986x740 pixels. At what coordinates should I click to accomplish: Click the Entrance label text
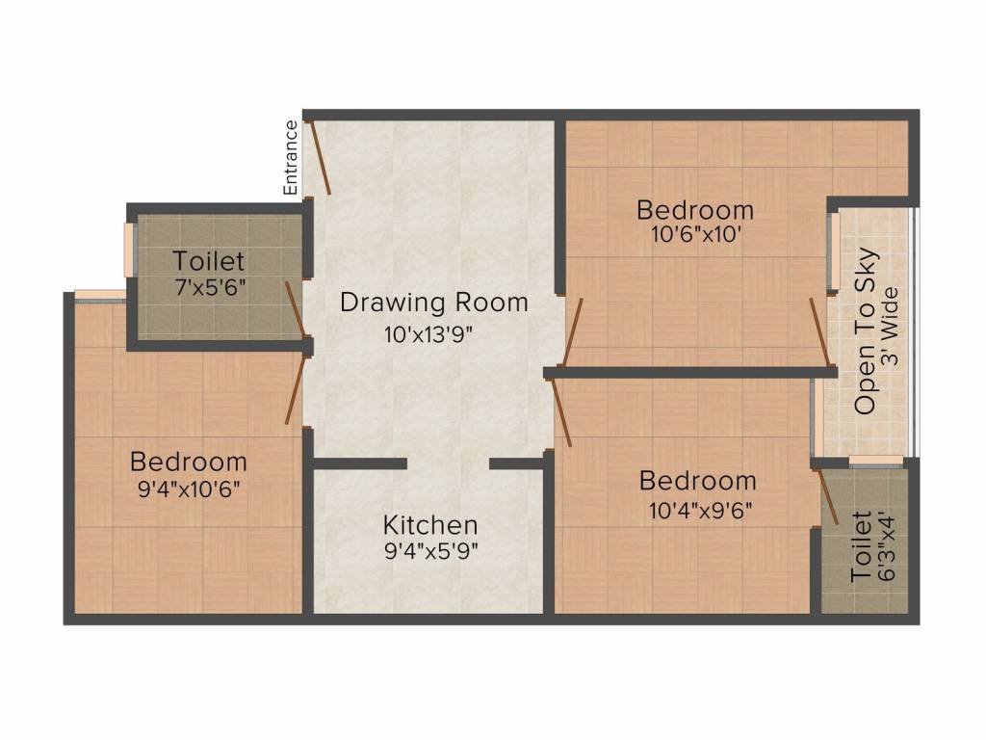pyautogui.click(x=291, y=157)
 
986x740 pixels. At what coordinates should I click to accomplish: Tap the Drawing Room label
pyautogui.click(x=434, y=303)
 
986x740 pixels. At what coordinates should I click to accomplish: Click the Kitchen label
pyautogui.click(x=430, y=525)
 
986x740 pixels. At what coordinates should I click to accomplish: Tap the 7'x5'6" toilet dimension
pyautogui.click(x=209, y=287)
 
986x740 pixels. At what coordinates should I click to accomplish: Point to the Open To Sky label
pyautogui.click(x=867, y=331)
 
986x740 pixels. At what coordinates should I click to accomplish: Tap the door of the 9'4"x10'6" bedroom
pyautogui.click(x=296, y=390)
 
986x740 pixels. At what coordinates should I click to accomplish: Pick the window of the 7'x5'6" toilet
pyautogui.click(x=128, y=249)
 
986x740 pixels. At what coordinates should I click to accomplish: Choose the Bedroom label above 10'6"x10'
pyautogui.click(x=695, y=209)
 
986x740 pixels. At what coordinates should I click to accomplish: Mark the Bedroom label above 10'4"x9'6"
pyautogui.click(x=698, y=481)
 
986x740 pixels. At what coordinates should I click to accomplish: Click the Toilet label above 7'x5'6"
pyautogui.click(x=209, y=261)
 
